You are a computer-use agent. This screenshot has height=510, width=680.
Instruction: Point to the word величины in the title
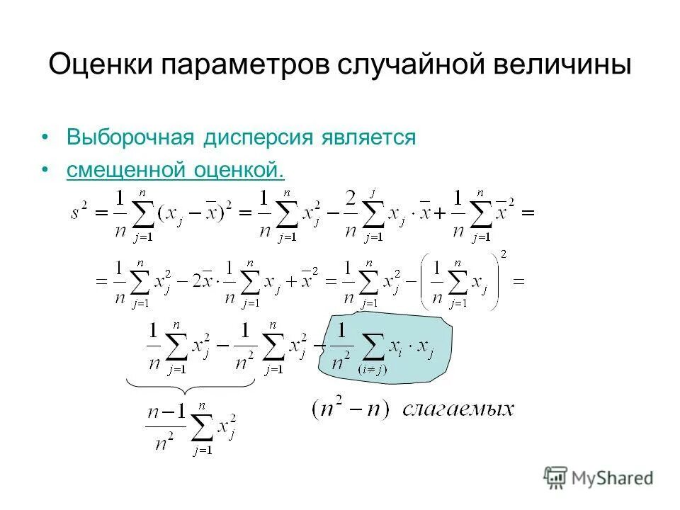560,65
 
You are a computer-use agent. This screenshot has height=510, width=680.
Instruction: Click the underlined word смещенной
126,170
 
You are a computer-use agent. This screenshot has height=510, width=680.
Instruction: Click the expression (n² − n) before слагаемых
350,409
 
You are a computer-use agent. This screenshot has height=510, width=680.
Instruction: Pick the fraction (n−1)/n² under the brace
164,424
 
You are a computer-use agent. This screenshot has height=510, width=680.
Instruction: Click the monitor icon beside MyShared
556,477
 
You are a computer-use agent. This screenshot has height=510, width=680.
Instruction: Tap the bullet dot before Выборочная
46,137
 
